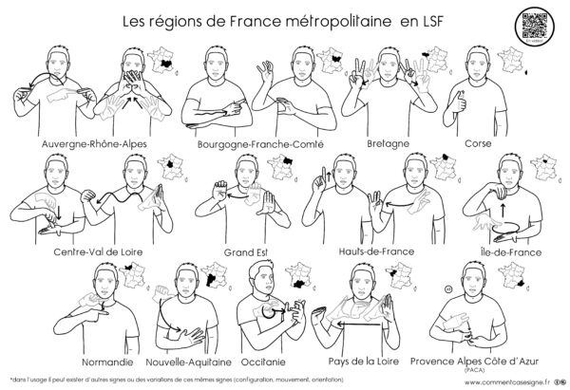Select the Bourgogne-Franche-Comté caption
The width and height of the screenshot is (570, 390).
pos(259,144)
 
